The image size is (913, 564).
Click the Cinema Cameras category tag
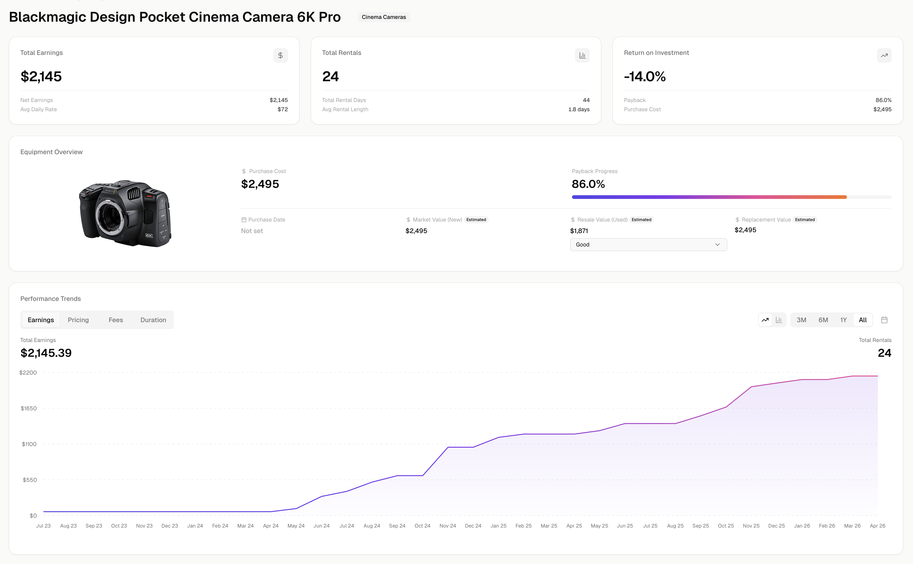pyautogui.click(x=383, y=17)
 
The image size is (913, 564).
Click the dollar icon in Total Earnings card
pyautogui.click(x=280, y=56)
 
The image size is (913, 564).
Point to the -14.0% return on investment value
pyautogui.click(x=645, y=76)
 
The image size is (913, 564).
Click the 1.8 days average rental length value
pyautogui.click(x=578, y=109)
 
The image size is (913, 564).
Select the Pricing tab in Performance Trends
pyautogui.click(x=78, y=320)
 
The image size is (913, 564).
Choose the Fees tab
pyautogui.click(x=116, y=320)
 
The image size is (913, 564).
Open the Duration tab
pyautogui.click(x=153, y=320)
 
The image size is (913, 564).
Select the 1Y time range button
pyautogui.click(x=843, y=320)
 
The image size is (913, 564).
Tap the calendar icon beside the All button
pyautogui.click(x=884, y=320)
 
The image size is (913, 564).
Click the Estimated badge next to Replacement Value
pyautogui.click(x=805, y=220)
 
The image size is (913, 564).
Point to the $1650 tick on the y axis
pyautogui.click(x=29, y=408)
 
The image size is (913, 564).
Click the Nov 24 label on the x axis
pyautogui.click(x=447, y=526)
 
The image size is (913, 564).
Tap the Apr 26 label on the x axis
pyautogui.click(x=877, y=526)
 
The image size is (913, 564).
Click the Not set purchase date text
pyautogui.click(x=252, y=231)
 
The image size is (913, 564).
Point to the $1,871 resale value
pyautogui.click(x=579, y=231)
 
